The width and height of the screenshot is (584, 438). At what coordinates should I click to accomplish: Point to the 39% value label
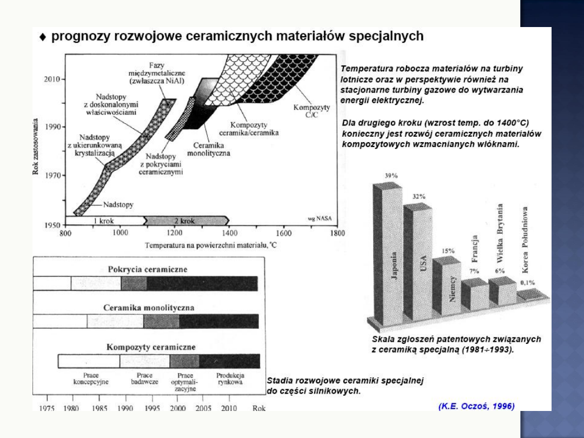(391, 176)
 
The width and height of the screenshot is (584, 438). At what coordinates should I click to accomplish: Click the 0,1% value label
(527, 282)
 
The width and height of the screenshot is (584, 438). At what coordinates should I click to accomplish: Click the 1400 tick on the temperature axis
(230, 233)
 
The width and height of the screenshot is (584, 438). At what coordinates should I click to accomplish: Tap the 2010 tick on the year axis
(52, 79)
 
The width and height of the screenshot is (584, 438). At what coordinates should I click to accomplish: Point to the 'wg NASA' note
(320, 218)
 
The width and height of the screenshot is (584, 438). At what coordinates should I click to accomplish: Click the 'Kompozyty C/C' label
(311, 111)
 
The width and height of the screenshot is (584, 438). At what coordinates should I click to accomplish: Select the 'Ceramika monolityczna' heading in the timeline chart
(149, 308)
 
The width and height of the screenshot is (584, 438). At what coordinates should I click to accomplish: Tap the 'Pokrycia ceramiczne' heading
(148, 269)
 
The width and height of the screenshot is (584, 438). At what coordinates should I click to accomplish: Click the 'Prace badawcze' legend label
(144, 379)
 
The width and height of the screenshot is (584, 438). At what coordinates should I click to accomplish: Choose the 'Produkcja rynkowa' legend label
(230, 379)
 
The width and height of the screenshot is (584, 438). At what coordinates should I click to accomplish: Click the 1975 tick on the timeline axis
(47, 409)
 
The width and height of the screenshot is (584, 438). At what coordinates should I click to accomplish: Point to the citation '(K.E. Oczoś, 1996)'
(476, 406)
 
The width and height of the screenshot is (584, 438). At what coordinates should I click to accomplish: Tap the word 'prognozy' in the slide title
(79, 37)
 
